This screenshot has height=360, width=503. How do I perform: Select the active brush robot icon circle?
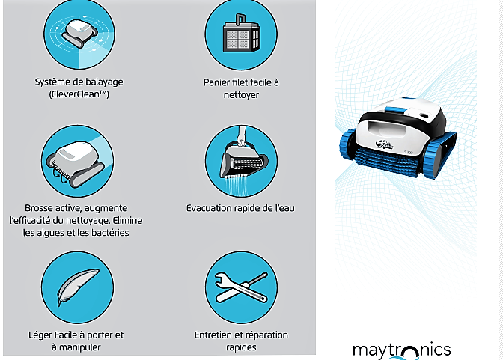tap(78, 161)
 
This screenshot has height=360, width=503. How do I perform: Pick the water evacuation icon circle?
tap(241, 161)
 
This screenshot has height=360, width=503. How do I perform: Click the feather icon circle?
tap(78, 287)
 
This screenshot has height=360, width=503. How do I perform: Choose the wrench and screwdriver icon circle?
tap(241, 287)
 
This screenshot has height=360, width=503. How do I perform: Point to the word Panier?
tap(220, 82)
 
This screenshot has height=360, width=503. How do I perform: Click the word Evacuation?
tap(213, 207)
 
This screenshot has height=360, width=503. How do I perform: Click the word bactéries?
tap(106, 233)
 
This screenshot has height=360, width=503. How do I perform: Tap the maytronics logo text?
tap(401, 350)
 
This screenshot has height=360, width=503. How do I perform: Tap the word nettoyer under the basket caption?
tap(241, 95)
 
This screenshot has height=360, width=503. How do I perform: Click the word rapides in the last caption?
tap(241, 347)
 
